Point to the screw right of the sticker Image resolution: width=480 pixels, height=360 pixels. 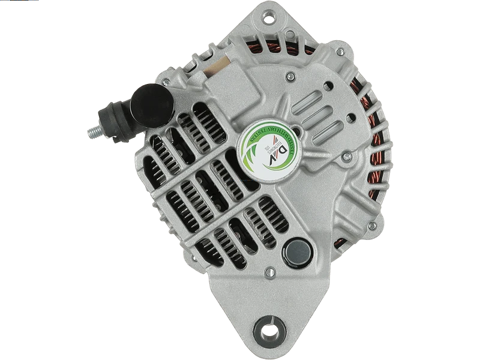(346, 157)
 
